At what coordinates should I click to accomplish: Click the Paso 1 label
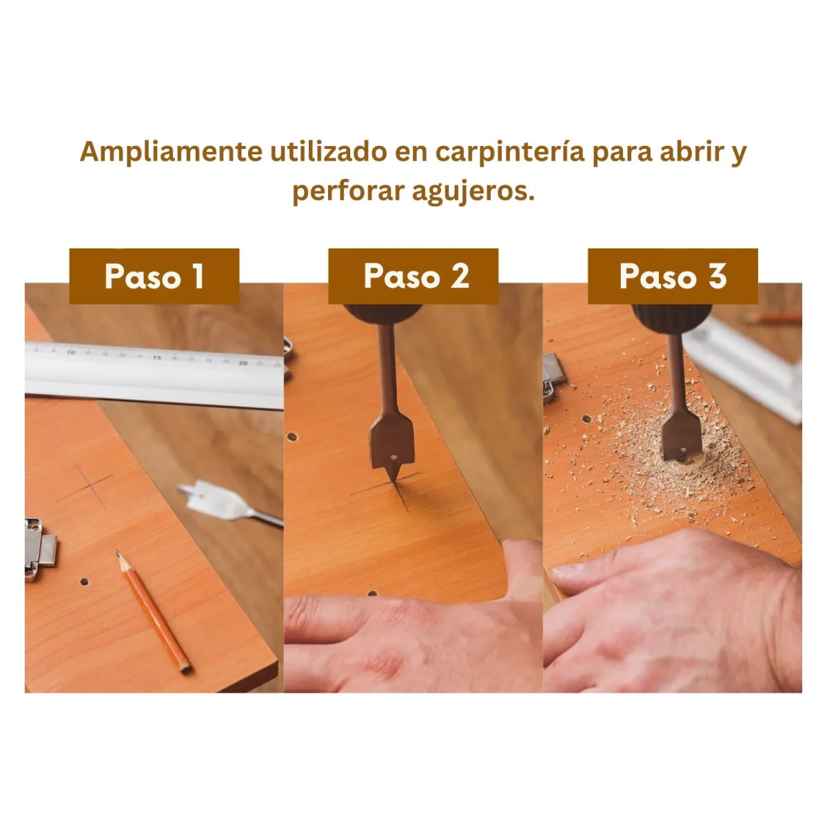point(154,276)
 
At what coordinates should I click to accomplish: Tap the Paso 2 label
point(413,276)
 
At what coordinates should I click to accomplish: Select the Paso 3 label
point(672,276)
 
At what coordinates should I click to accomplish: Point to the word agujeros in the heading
point(473,191)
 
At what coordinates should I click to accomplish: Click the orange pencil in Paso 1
point(154,611)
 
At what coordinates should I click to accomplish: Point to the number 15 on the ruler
point(156,357)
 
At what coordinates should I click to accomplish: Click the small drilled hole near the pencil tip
point(85,582)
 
